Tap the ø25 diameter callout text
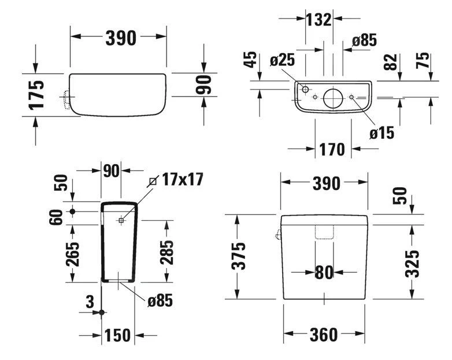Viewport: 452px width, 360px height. (x=283, y=60)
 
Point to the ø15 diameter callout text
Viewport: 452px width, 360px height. (x=381, y=132)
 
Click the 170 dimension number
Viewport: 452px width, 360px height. (x=332, y=150)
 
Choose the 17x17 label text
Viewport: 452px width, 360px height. (x=183, y=179)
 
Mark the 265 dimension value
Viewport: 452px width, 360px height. (x=72, y=253)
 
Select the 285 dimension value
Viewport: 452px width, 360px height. (x=166, y=252)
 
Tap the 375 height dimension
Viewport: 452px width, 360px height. (x=239, y=256)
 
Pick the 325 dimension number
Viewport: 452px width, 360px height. (x=412, y=263)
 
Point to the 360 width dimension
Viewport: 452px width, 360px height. (x=324, y=335)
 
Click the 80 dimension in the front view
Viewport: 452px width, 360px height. (x=324, y=272)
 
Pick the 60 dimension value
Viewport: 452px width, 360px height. (x=57, y=218)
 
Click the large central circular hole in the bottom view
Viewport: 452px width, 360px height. (x=334, y=98)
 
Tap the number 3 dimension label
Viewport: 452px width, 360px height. (x=89, y=302)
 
